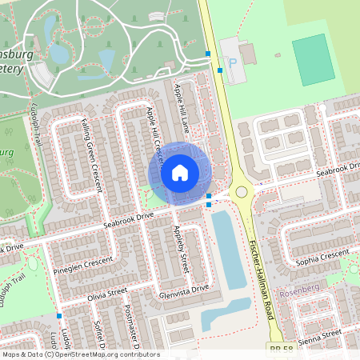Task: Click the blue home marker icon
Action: pos(180,173)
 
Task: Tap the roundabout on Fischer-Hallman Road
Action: pos(240,192)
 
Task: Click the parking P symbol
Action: pos(233,62)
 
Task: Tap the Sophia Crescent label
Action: pos(322,256)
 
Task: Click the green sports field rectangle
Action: pos(313,59)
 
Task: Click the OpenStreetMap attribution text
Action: pos(80,354)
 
